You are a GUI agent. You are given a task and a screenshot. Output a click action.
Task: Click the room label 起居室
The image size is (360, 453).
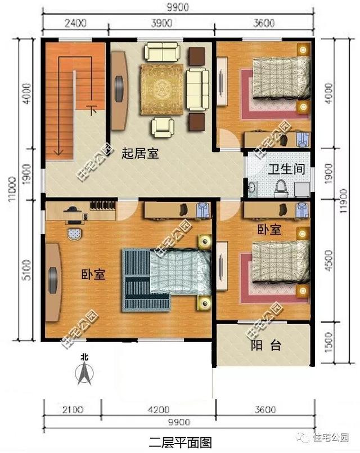point(140,153)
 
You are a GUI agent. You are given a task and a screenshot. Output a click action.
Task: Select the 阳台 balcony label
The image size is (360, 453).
point(265,346)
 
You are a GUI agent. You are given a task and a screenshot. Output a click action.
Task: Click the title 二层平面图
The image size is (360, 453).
point(180,442)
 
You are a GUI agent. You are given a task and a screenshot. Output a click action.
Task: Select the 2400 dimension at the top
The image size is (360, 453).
point(74,23)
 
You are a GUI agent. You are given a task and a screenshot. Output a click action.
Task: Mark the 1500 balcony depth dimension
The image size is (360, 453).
point(328,343)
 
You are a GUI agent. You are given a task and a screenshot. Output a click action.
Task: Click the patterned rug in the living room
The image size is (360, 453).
point(161,88)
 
